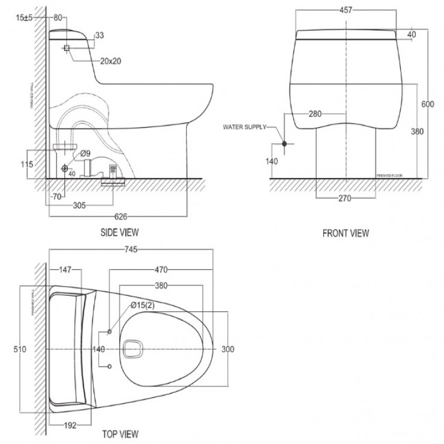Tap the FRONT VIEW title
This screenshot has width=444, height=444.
[x=346, y=233]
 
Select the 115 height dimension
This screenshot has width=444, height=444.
[x=25, y=164]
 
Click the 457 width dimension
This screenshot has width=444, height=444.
[x=347, y=10]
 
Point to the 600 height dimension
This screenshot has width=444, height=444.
[x=427, y=104]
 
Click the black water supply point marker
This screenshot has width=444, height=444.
[x=285, y=143]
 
